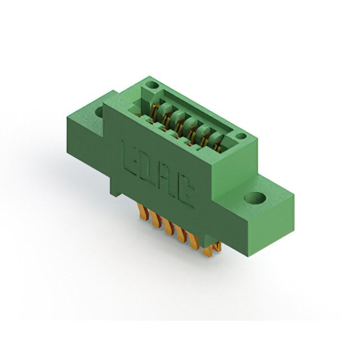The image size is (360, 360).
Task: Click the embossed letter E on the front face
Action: [x=130, y=157]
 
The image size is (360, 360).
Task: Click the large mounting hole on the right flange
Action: [x=255, y=198]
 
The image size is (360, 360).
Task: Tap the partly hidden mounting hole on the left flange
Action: [x=100, y=112]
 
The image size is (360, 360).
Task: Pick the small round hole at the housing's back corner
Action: [x=152, y=85]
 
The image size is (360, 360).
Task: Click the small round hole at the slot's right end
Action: [x=241, y=136]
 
